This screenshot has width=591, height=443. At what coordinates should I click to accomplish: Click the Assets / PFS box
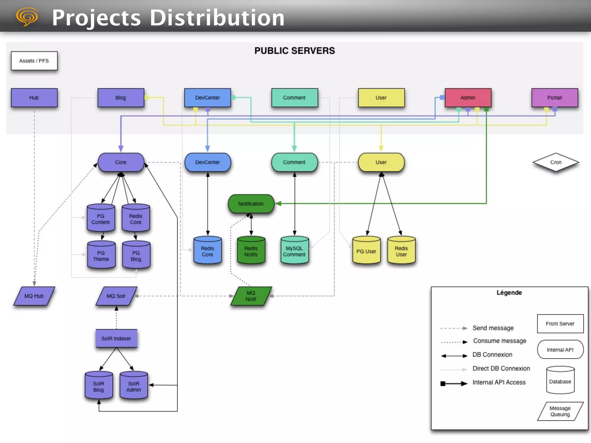(34, 61)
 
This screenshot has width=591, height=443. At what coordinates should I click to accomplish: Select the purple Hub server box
(34, 98)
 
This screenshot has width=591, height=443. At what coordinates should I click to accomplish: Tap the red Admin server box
(468, 98)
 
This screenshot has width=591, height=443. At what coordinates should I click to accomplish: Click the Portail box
(554, 98)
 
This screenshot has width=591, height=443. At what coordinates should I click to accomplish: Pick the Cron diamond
(556, 162)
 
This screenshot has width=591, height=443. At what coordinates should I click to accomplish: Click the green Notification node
(251, 204)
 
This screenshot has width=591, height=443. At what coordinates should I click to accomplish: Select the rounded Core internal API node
(121, 162)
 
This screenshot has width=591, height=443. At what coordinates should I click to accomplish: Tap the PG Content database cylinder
(101, 219)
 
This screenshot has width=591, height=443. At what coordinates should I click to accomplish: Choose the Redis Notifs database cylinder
(251, 251)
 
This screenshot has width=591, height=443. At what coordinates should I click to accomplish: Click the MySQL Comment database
(294, 251)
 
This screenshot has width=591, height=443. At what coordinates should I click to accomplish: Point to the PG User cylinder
(366, 251)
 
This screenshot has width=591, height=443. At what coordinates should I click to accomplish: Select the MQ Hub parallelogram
(34, 296)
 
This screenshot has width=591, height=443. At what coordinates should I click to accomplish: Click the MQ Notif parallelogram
(251, 296)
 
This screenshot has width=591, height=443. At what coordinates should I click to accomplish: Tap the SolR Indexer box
(116, 339)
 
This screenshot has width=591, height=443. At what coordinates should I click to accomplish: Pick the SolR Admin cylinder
(134, 386)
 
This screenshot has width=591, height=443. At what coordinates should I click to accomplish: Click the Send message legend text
(493, 328)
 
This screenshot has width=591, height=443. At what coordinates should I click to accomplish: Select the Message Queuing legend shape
(560, 411)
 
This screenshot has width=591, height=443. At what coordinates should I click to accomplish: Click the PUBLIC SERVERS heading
(295, 51)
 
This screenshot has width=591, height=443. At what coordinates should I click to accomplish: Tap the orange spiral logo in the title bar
(27, 17)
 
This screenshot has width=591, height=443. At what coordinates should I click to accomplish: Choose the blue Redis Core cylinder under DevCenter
(207, 251)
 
